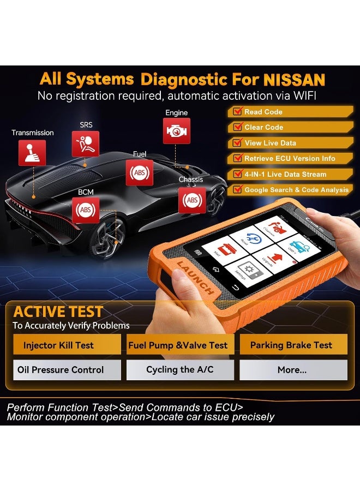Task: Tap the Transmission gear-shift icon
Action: pos(32,153)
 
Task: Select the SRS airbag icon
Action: pos(86,144)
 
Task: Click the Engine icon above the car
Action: pos(176,131)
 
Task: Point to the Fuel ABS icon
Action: pos(140,173)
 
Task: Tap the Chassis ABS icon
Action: pos(192,200)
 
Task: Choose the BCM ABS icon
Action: pos(85,209)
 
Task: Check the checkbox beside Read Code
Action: pos(237,112)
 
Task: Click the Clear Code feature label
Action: pos(263,127)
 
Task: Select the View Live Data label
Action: pos(270,143)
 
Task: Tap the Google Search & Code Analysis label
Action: pos(296,190)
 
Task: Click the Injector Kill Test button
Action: pos(58,345)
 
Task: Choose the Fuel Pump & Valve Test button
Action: pos(178,345)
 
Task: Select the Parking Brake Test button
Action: pos(291,345)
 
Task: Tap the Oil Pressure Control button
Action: pos(61,370)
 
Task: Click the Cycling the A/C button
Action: pos(179,370)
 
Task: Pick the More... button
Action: pos(292,370)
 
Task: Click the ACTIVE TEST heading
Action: pos(58,312)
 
